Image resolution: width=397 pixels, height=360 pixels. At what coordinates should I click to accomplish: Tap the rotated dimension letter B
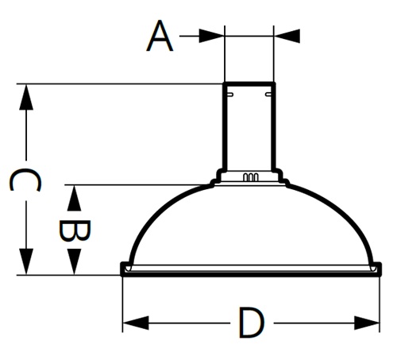pos(74,230)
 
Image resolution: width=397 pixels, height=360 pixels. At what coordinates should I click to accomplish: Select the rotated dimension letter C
pos(25,181)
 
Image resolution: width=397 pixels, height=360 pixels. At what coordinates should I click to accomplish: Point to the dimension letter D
pos(250,323)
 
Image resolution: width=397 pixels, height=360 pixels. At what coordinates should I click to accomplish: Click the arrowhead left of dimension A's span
pos(212,36)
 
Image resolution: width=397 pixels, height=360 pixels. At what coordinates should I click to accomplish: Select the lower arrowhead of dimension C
pos(26,262)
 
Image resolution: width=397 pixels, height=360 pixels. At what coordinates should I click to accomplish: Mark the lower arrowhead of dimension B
pos(74,262)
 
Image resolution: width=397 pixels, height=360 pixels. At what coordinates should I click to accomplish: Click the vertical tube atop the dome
pos(249,127)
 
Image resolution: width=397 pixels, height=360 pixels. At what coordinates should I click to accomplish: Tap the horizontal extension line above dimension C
pos(119,83)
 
